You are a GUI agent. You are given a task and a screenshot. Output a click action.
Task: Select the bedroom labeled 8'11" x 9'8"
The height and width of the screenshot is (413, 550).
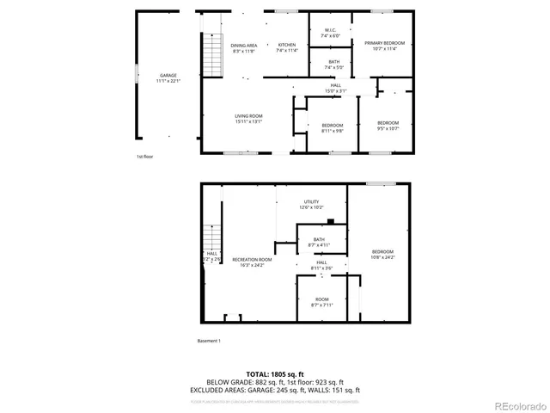click(x=332, y=127)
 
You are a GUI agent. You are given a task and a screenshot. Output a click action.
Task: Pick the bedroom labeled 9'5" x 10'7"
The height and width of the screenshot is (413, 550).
click(x=388, y=126)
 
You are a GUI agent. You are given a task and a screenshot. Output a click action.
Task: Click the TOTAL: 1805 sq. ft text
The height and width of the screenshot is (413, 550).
click(x=275, y=374)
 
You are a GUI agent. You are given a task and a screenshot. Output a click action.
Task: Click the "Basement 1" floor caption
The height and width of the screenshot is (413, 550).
click(x=209, y=341)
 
